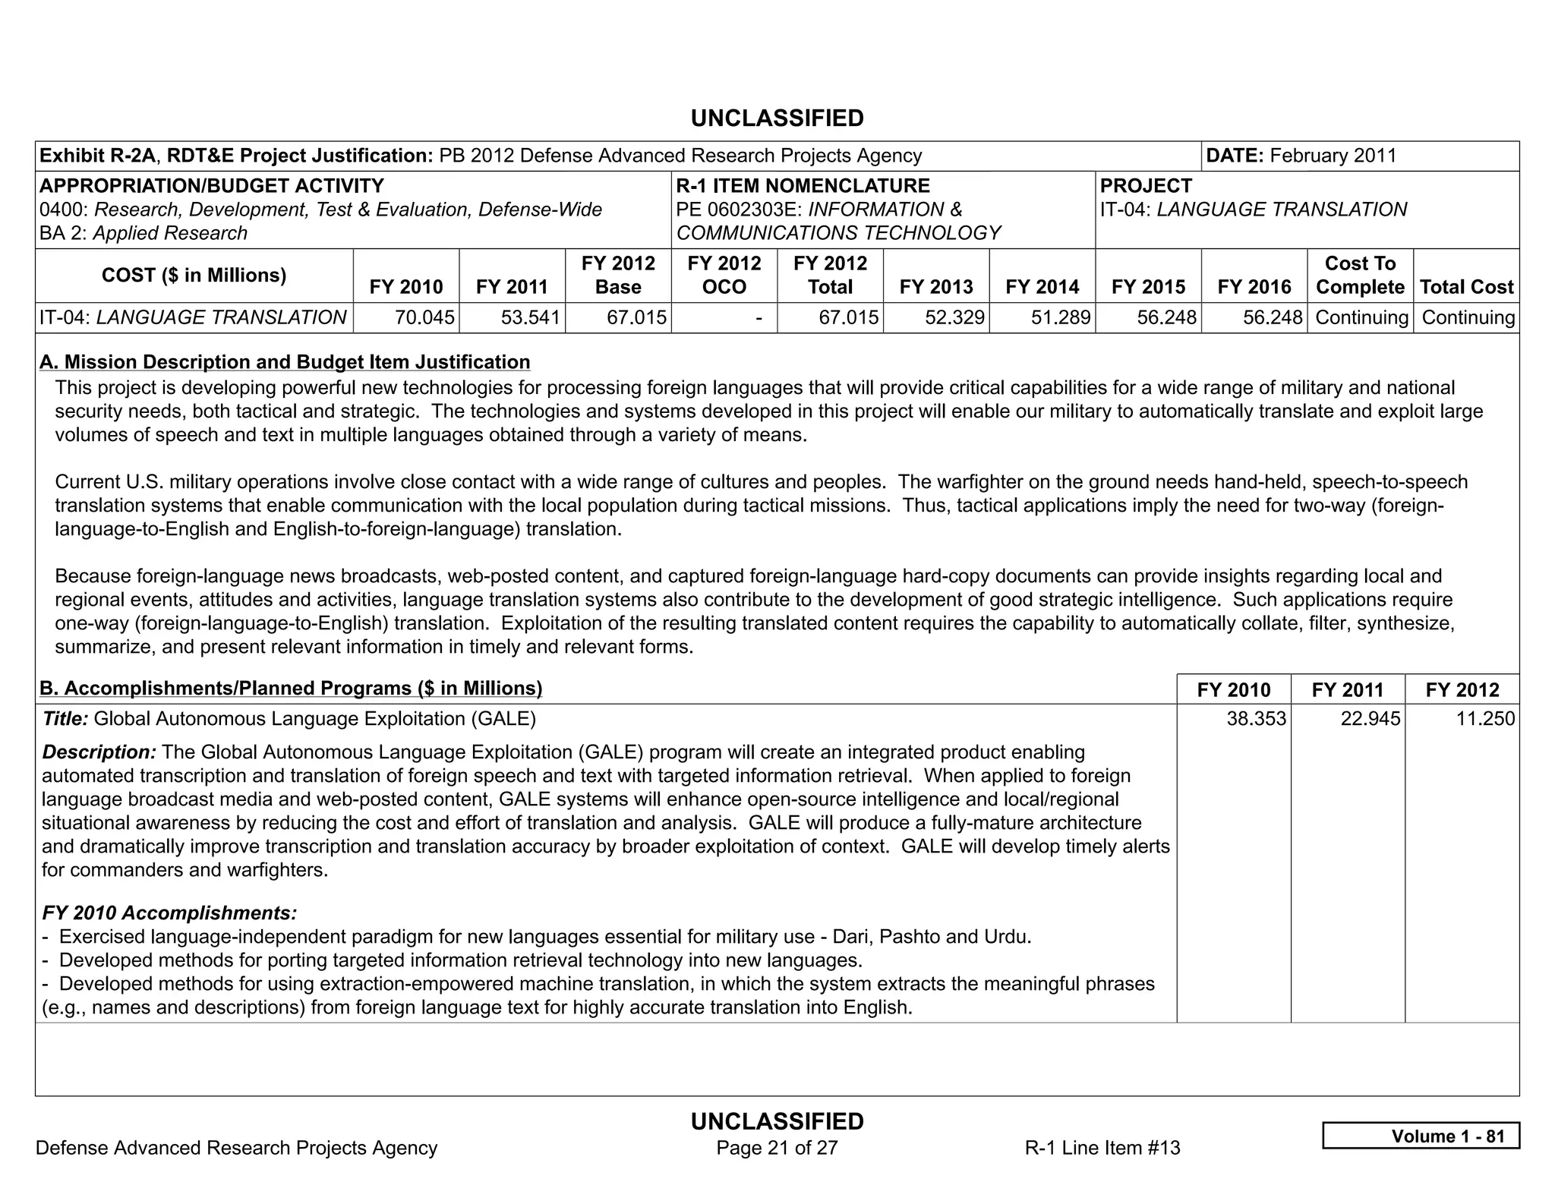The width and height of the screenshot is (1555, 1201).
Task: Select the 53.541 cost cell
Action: pos(530,317)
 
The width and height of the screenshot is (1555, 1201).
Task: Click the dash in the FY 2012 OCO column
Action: pos(759,317)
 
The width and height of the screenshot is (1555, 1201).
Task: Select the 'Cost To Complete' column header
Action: pos(1360,275)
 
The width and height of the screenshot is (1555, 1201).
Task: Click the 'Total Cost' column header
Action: pos(1466,287)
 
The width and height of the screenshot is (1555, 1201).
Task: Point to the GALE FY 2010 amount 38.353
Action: pos(1256,718)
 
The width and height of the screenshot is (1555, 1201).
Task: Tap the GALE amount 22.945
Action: pos(1370,718)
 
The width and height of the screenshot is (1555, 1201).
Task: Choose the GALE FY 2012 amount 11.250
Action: pos(1484,718)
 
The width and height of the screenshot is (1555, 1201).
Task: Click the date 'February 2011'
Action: pos(1333,156)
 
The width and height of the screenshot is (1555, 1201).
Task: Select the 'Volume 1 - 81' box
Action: pos(1421,1136)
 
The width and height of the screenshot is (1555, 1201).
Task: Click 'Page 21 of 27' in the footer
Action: pos(777,1147)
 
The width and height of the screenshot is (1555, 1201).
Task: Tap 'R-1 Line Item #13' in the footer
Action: pos(1102,1147)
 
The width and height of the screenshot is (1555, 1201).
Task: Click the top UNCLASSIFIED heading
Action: pos(777,118)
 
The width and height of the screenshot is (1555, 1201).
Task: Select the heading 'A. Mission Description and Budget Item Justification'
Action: pos(285,362)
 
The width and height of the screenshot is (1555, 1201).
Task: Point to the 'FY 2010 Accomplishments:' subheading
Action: pos(169,913)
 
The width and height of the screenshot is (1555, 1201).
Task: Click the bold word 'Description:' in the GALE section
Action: pos(99,752)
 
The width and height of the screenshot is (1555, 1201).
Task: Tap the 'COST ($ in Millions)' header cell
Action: pos(194,275)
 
